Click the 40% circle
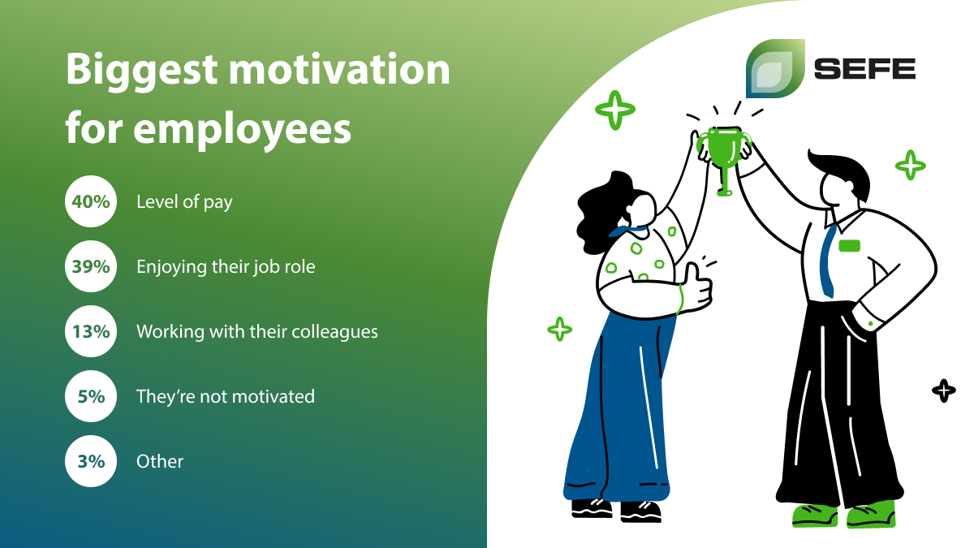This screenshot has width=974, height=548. (91, 201)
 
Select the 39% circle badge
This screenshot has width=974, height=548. (91, 266)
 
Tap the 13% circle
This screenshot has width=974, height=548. (91, 331)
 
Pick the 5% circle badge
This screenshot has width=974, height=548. (91, 396)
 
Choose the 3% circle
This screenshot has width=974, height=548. (91, 461)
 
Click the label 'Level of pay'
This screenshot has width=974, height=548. (184, 202)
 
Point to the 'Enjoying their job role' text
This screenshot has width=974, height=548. (226, 267)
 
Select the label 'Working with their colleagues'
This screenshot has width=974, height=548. (257, 332)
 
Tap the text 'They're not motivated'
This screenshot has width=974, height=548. (226, 397)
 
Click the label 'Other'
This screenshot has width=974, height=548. (160, 461)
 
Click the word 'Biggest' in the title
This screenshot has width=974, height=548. (142, 71)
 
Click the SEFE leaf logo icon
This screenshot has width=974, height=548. (775, 68)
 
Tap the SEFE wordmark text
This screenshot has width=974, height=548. (865, 69)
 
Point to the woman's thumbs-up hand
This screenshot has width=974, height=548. (695, 288)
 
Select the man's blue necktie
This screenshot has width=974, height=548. (827, 261)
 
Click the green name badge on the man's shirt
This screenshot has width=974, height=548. (849, 246)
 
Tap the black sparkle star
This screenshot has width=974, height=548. (943, 391)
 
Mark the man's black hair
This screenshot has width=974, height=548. (842, 173)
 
